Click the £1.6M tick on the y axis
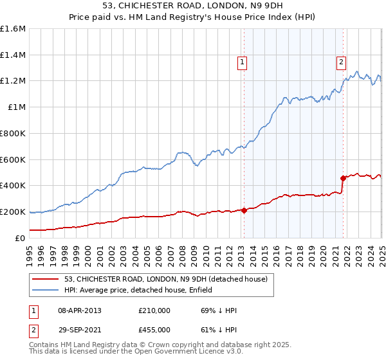(13, 29)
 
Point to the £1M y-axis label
(16, 107)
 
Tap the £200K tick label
(13, 212)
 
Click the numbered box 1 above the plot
(242, 62)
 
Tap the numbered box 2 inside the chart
(340, 62)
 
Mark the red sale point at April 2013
(244, 210)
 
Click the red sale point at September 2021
(344, 178)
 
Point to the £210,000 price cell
(154, 310)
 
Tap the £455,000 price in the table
(154, 330)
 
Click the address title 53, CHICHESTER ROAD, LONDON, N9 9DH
(192, 6)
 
